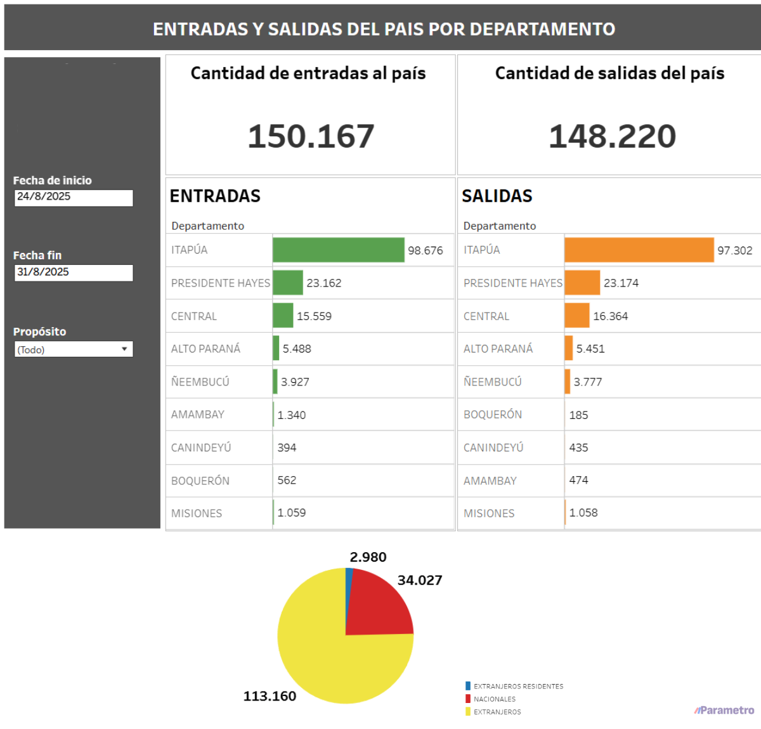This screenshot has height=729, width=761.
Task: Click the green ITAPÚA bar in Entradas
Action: [338, 250]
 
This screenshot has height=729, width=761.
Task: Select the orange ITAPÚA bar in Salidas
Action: [639, 250]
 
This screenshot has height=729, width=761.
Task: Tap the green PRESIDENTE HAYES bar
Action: [288, 283]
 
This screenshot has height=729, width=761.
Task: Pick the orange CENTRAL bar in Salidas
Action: [576, 316]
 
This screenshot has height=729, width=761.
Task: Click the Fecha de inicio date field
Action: [74, 197]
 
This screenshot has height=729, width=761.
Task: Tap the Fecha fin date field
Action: [74, 273]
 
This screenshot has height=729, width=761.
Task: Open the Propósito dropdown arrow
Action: [124, 349]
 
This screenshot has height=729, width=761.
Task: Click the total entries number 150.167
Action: [311, 136]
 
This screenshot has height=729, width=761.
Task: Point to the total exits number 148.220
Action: [612, 136]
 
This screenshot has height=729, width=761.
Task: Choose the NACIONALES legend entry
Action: [494, 699]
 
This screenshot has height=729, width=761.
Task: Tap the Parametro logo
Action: [724, 710]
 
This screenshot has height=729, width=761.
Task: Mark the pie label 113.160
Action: [270, 696]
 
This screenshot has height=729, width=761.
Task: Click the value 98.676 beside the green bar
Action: [425, 250]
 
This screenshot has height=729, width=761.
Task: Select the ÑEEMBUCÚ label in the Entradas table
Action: [200, 382]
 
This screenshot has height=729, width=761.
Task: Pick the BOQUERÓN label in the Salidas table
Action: [493, 415]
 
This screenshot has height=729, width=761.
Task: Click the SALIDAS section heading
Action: [497, 196]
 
